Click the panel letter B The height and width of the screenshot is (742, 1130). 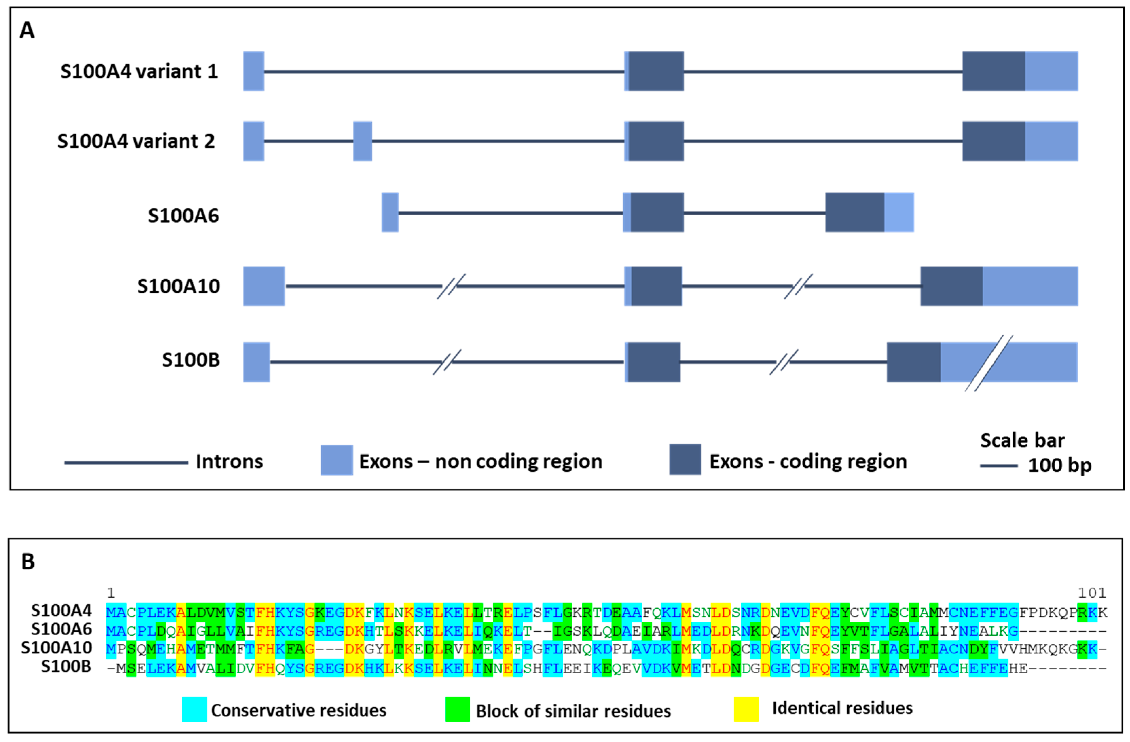[28, 562]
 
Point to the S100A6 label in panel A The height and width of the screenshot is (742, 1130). [183, 216]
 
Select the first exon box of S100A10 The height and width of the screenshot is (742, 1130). [264, 286]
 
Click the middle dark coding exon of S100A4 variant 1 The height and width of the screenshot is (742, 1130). [656, 71]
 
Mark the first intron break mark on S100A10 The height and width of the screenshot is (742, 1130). [451, 286]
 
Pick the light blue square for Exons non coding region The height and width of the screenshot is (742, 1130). [336, 460]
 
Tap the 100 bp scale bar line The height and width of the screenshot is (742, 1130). [999, 466]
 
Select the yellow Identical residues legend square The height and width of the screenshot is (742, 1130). [746, 709]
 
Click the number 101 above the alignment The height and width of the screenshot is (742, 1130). [1092, 593]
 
